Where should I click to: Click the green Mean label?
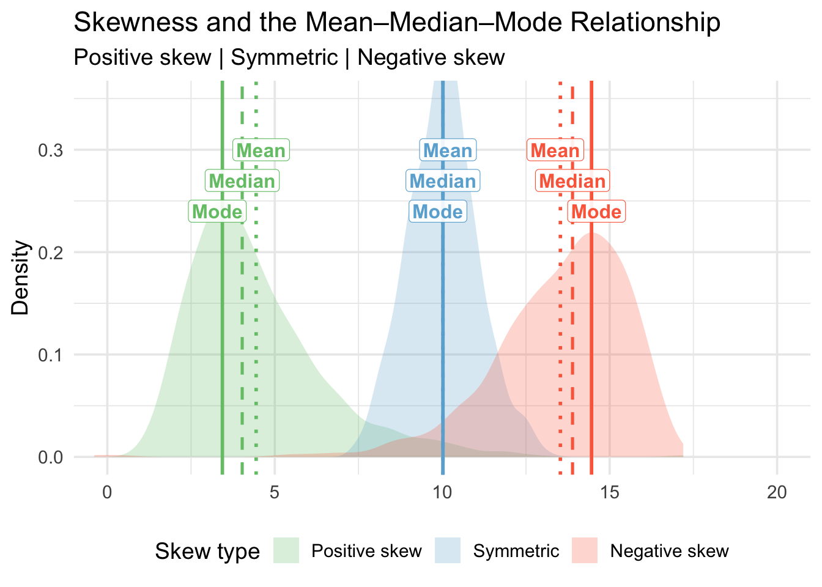tap(261, 150)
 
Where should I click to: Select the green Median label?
tap(242, 181)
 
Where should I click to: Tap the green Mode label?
tap(217, 212)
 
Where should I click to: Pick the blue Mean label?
tap(448, 150)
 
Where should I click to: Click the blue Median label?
tap(443, 181)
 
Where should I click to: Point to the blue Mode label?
tap(438, 212)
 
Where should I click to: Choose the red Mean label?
tap(555, 150)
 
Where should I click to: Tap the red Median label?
tap(572, 181)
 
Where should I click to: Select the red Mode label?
tap(596, 212)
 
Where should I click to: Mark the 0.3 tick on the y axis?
tap(51, 150)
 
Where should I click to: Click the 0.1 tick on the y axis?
tap(51, 355)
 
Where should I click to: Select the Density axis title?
tap(21, 277)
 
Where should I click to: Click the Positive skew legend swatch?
tap(286, 551)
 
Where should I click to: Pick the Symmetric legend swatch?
tap(448, 551)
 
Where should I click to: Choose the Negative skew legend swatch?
tap(585, 551)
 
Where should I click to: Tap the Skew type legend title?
tap(207, 552)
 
